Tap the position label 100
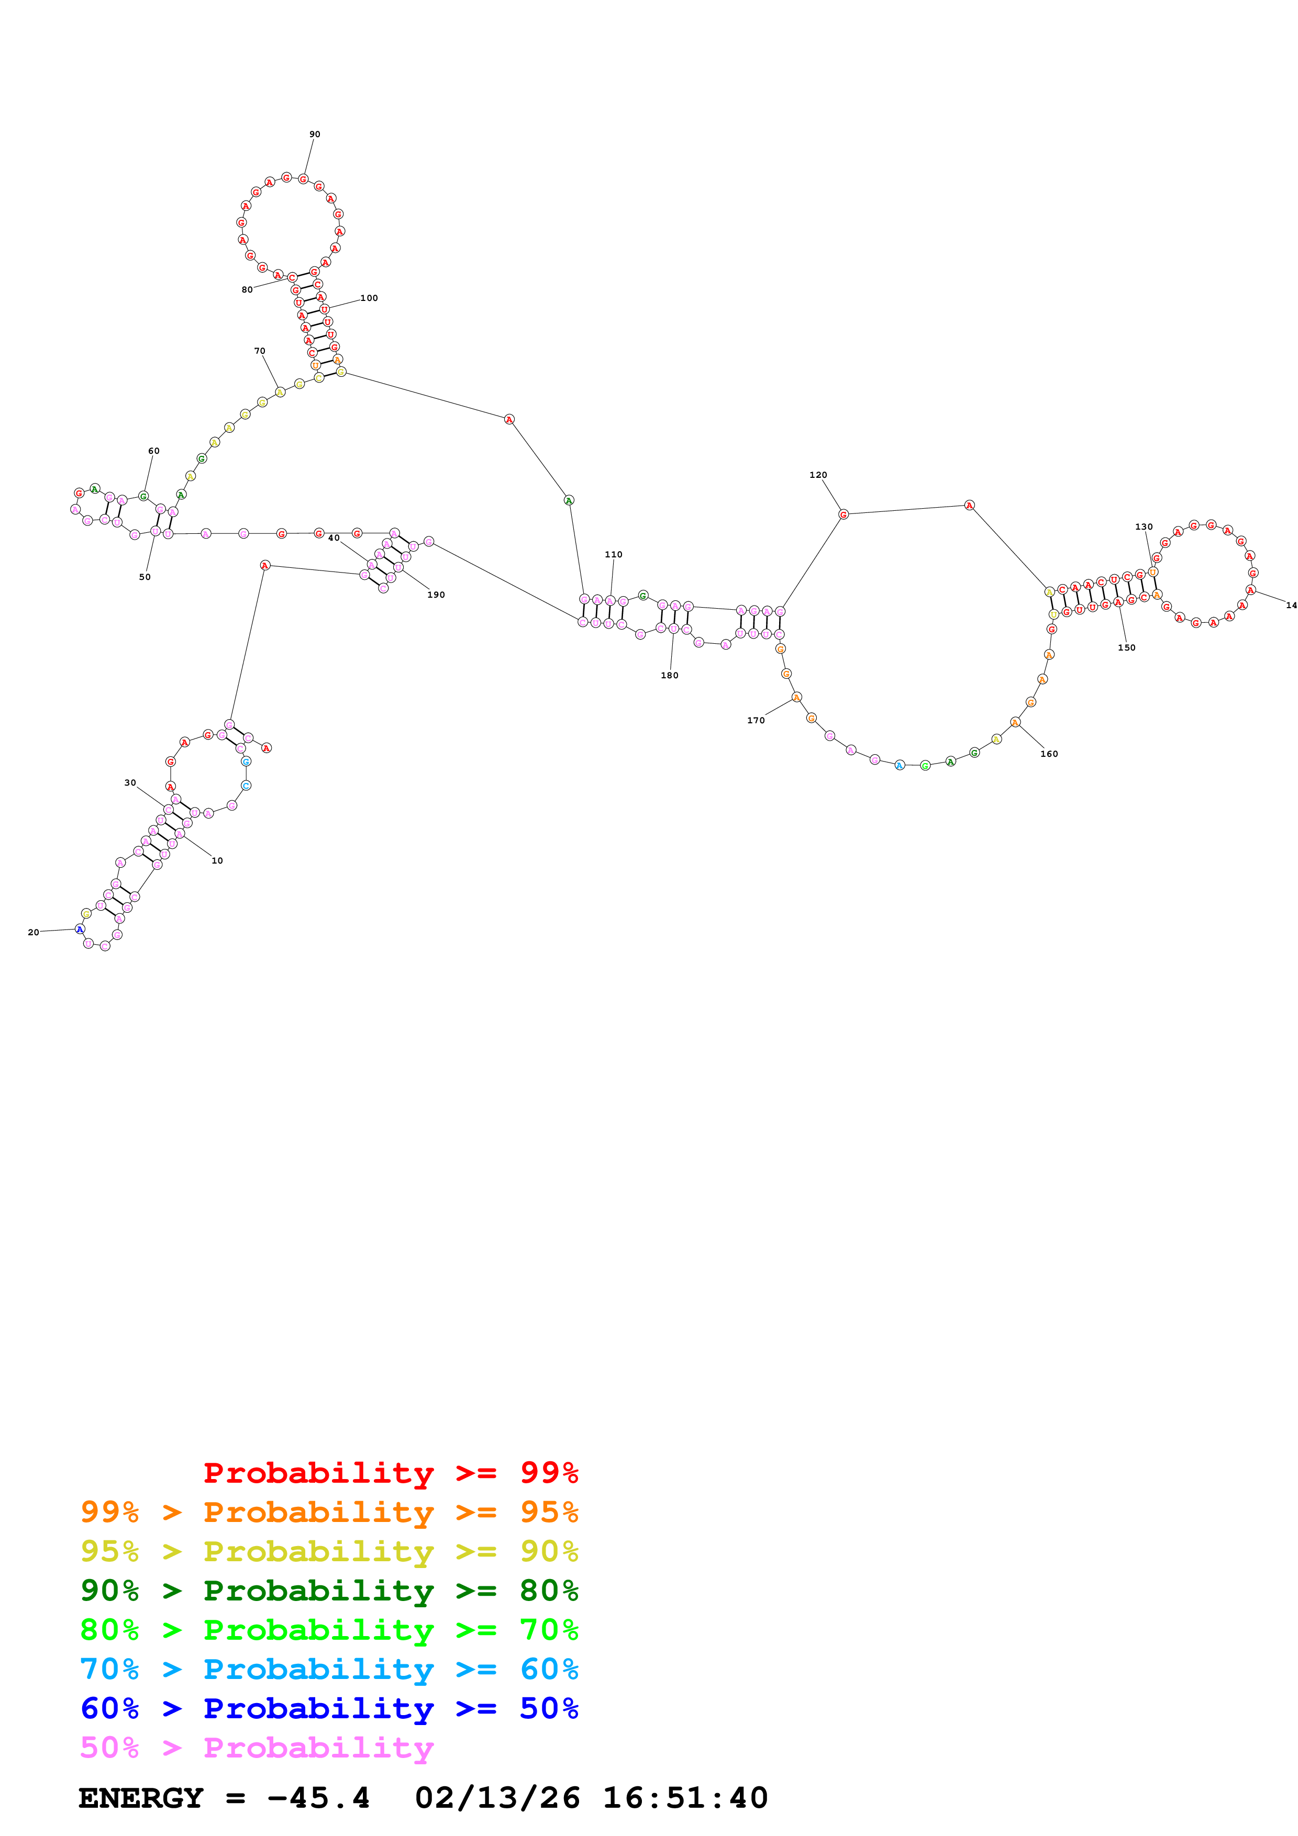coord(369,298)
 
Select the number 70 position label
coord(259,351)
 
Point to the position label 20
coord(33,933)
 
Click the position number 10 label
coord(217,860)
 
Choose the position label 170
coord(755,721)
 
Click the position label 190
coord(436,595)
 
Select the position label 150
coord(1126,648)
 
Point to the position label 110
coord(614,554)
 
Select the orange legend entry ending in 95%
coord(329,1512)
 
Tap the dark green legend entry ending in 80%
coord(329,1591)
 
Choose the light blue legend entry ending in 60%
coord(329,1669)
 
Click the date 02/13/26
coord(497,1798)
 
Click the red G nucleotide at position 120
coord(843,514)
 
